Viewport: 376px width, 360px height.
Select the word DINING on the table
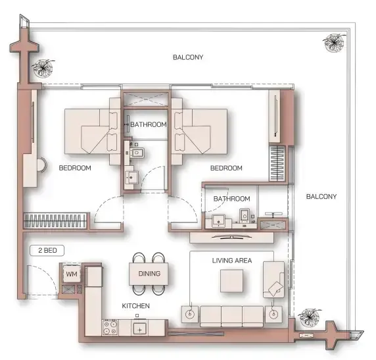149,273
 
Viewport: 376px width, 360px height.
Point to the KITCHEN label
136,307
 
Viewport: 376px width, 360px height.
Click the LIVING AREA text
232,261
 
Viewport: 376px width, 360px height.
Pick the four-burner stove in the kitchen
110,326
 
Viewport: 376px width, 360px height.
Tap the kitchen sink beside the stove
139,328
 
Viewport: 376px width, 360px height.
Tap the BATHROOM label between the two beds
148,124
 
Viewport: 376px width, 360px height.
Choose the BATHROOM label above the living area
231,199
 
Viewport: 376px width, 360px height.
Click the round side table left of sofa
191,314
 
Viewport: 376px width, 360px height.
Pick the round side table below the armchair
274,313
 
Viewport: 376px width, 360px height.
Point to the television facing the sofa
231,225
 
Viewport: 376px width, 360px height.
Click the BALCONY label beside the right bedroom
321,197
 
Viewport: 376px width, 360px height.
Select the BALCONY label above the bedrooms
188,57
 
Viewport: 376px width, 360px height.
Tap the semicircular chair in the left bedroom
41,164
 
